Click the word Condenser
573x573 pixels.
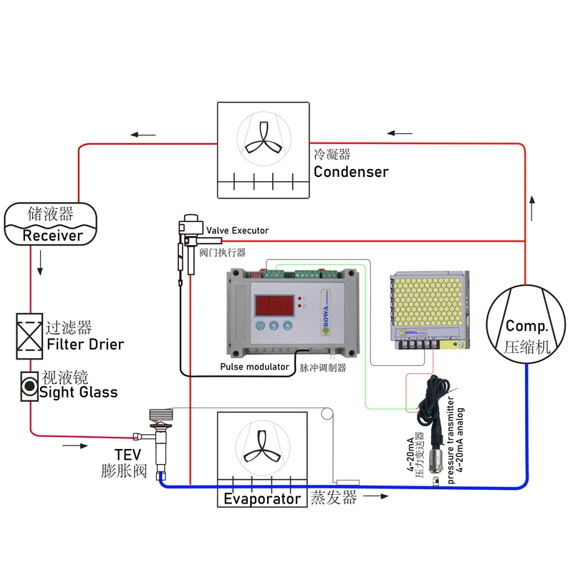[x=351, y=172]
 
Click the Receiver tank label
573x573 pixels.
[x=51, y=235]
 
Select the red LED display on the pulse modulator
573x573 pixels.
[x=273, y=303]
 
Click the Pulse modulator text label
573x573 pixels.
[x=254, y=367]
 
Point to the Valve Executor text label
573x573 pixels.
[x=237, y=231]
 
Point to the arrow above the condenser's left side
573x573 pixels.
[x=143, y=134]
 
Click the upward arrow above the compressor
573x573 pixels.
[x=531, y=208]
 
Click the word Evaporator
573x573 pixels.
[x=262, y=499]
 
